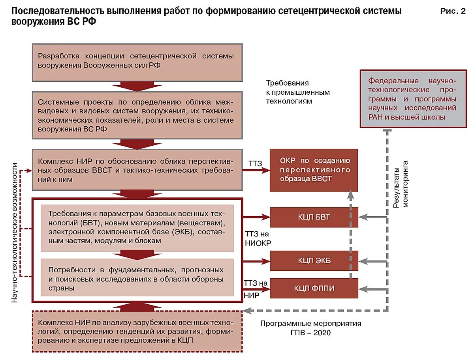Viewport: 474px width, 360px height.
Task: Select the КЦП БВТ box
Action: click(x=314, y=217)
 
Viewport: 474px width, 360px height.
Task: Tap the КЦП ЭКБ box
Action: click(x=314, y=261)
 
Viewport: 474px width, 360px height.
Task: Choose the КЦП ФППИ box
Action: click(x=314, y=288)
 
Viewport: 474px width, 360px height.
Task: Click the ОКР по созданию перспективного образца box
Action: click(x=314, y=170)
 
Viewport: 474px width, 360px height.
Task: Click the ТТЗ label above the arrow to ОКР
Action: click(x=255, y=163)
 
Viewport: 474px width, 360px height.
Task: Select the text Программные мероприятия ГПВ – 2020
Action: click(x=310, y=328)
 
